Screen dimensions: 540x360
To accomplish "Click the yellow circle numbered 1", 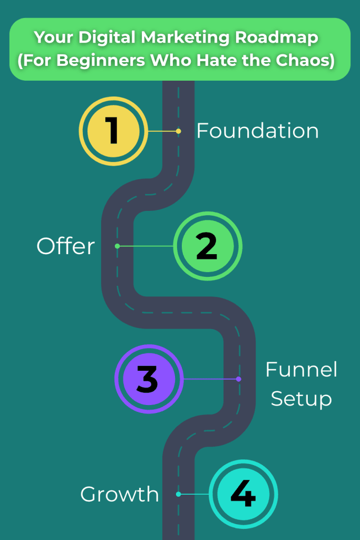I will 113,131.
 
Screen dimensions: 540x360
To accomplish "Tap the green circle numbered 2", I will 207,246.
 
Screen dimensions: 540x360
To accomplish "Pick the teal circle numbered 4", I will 243,494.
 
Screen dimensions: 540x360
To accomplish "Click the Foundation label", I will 257,131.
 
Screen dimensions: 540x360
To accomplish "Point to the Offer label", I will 65,246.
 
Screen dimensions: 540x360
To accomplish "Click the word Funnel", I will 301,369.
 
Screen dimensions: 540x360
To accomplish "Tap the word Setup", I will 301,398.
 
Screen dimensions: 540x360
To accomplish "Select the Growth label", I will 120,494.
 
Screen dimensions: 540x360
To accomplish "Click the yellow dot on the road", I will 179,131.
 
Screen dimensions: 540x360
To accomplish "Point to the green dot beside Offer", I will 117,246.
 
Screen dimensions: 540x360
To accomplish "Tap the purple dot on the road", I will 239,379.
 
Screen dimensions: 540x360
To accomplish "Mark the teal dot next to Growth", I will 179,494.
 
